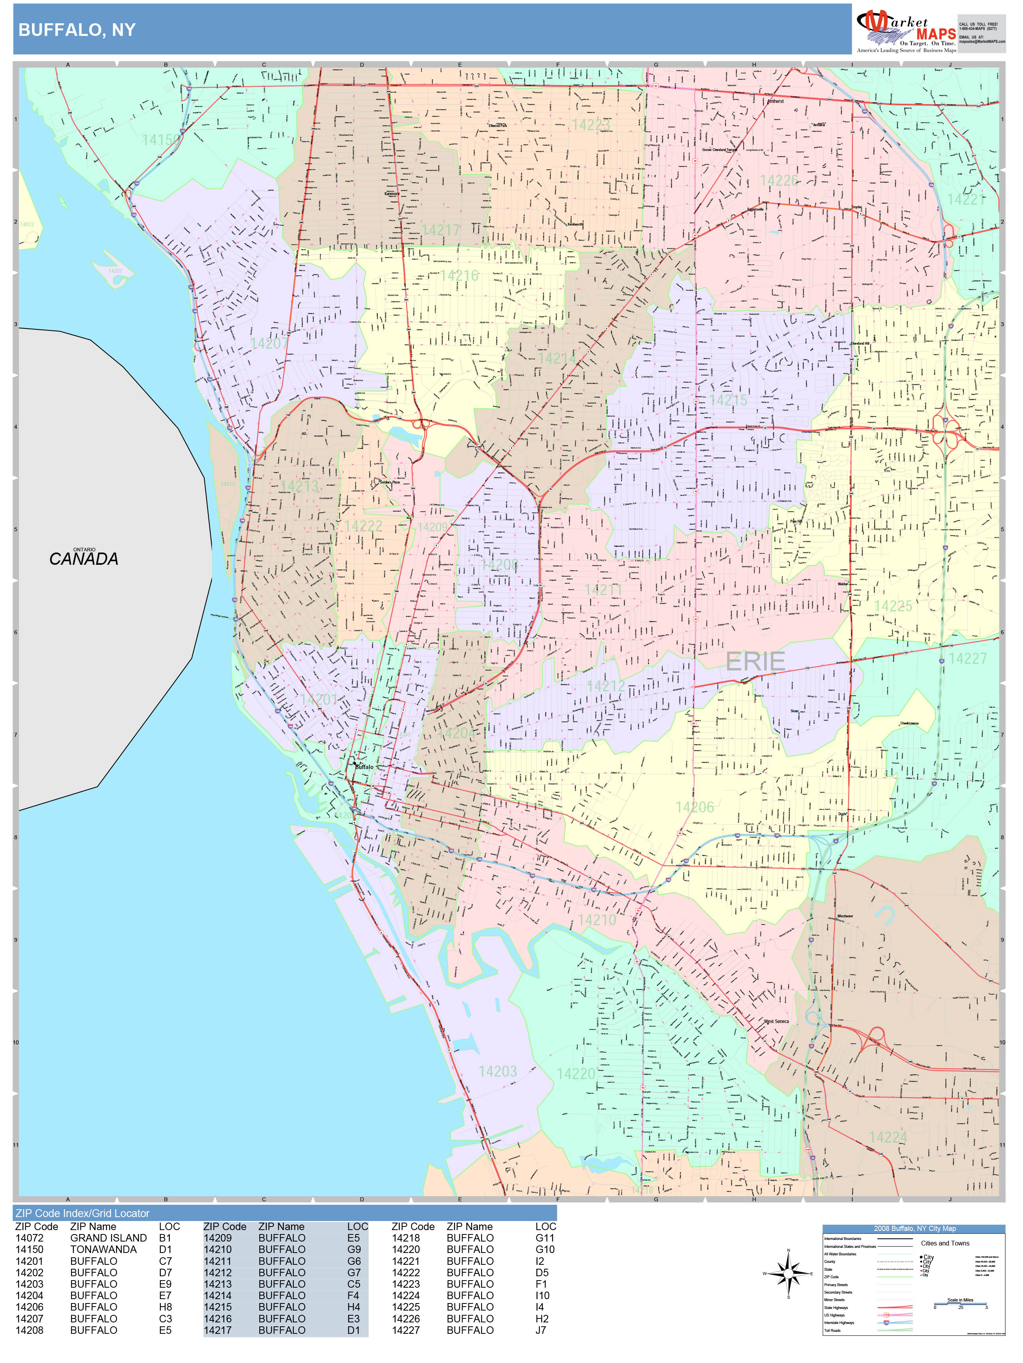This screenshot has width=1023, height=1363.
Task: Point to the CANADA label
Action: pyautogui.click(x=83, y=559)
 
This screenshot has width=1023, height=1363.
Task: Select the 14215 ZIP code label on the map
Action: pyautogui.click(x=728, y=401)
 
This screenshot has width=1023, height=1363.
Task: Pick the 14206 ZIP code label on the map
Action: pyautogui.click(x=694, y=807)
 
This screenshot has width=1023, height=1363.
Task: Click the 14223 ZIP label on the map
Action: pyautogui.click(x=591, y=125)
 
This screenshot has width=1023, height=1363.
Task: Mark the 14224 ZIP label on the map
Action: pyautogui.click(x=888, y=1137)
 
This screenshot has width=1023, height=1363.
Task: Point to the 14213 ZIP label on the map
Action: pyautogui.click(x=299, y=486)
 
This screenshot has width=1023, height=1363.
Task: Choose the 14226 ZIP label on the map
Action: pyautogui.click(x=779, y=181)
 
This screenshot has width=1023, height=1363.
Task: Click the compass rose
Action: pyautogui.click(x=788, y=1273)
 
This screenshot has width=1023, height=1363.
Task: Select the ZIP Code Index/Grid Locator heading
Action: pyautogui.click(x=82, y=1213)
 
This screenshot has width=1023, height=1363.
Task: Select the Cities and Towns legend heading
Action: pyautogui.click(x=945, y=1243)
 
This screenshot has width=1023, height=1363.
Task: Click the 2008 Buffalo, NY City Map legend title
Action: pyautogui.click(x=914, y=1228)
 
